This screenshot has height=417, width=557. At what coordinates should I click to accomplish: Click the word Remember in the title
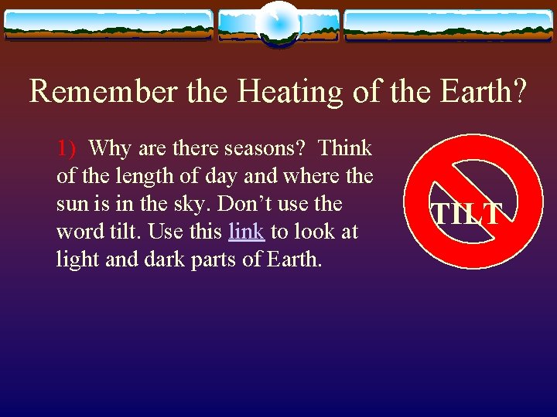click(103, 91)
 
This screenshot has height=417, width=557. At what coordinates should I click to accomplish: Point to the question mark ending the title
click(518, 91)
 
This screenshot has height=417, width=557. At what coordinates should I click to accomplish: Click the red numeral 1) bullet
click(67, 148)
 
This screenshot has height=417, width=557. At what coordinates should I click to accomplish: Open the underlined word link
click(247, 231)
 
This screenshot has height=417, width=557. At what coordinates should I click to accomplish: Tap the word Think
click(345, 147)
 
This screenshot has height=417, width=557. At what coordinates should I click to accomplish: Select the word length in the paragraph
click(145, 178)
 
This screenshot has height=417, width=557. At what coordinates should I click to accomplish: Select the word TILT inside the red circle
click(466, 213)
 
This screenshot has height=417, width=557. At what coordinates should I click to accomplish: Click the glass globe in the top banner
click(279, 24)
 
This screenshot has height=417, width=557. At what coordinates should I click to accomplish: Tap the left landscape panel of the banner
click(108, 25)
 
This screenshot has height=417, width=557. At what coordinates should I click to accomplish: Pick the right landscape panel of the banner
click(449, 25)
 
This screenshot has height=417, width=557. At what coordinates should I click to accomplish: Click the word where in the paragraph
click(312, 176)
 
